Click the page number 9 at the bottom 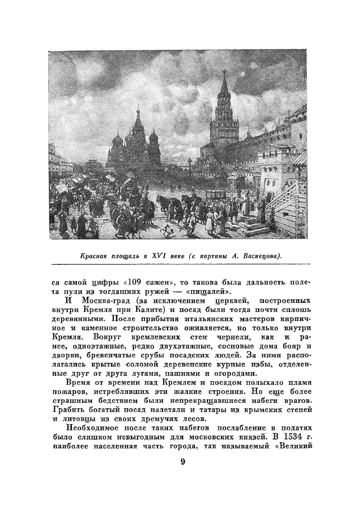[183, 462]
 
